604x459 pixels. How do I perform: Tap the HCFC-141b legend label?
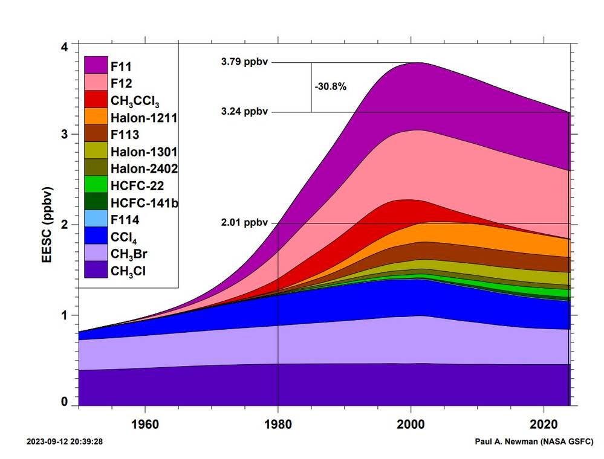tap(144, 202)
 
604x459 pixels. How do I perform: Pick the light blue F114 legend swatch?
tap(96, 219)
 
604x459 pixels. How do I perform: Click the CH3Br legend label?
tap(128, 254)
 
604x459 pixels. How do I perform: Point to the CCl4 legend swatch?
tap(96, 237)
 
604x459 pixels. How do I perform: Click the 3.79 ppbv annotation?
tap(244, 62)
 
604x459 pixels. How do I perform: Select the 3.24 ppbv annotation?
tap(244, 112)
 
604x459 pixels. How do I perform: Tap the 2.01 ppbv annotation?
tap(244, 223)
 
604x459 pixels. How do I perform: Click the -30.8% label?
tap(331, 86)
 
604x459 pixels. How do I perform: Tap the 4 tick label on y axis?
tap(65, 46)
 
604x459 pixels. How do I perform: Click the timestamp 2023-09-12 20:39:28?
tap(65, 441)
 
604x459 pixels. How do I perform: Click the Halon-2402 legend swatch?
tap(96, 168)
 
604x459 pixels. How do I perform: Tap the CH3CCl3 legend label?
tap(135, 100)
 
